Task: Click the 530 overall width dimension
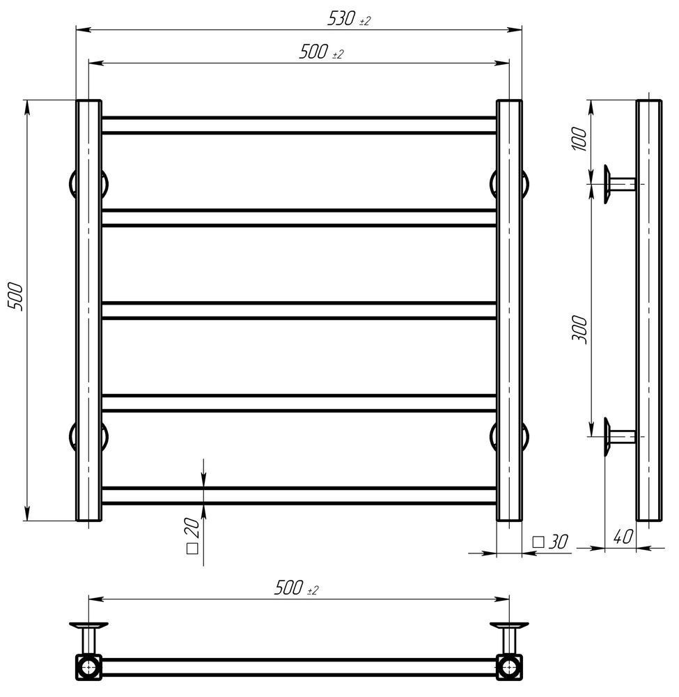pos(349,19)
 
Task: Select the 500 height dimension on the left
pos(15,296)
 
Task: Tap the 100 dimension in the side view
pos(579,139)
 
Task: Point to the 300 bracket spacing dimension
pos(579,330)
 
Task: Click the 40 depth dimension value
pos(623,537)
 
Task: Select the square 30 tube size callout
pos(550,542)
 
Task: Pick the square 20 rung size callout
pos(193,535)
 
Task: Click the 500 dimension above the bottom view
pos(296,588)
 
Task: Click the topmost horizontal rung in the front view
pos(299,125)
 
